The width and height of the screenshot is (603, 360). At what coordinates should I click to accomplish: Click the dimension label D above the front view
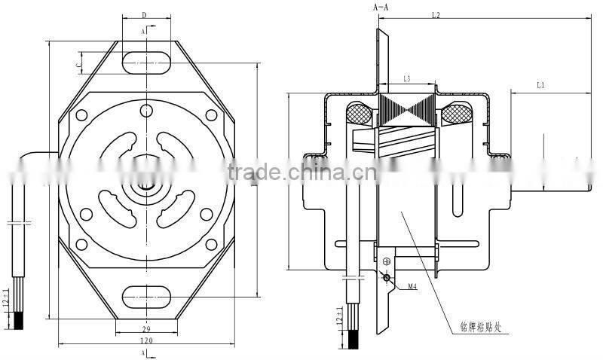144,15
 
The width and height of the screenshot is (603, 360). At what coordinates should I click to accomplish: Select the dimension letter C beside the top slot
78,66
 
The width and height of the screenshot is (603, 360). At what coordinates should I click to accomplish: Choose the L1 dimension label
540,86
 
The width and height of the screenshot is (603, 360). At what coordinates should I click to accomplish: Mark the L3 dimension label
407,78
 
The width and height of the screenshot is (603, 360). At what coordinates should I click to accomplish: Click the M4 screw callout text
412,287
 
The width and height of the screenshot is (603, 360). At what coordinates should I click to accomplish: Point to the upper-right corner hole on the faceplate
210,115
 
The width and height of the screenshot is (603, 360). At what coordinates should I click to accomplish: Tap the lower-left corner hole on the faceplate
81,243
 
